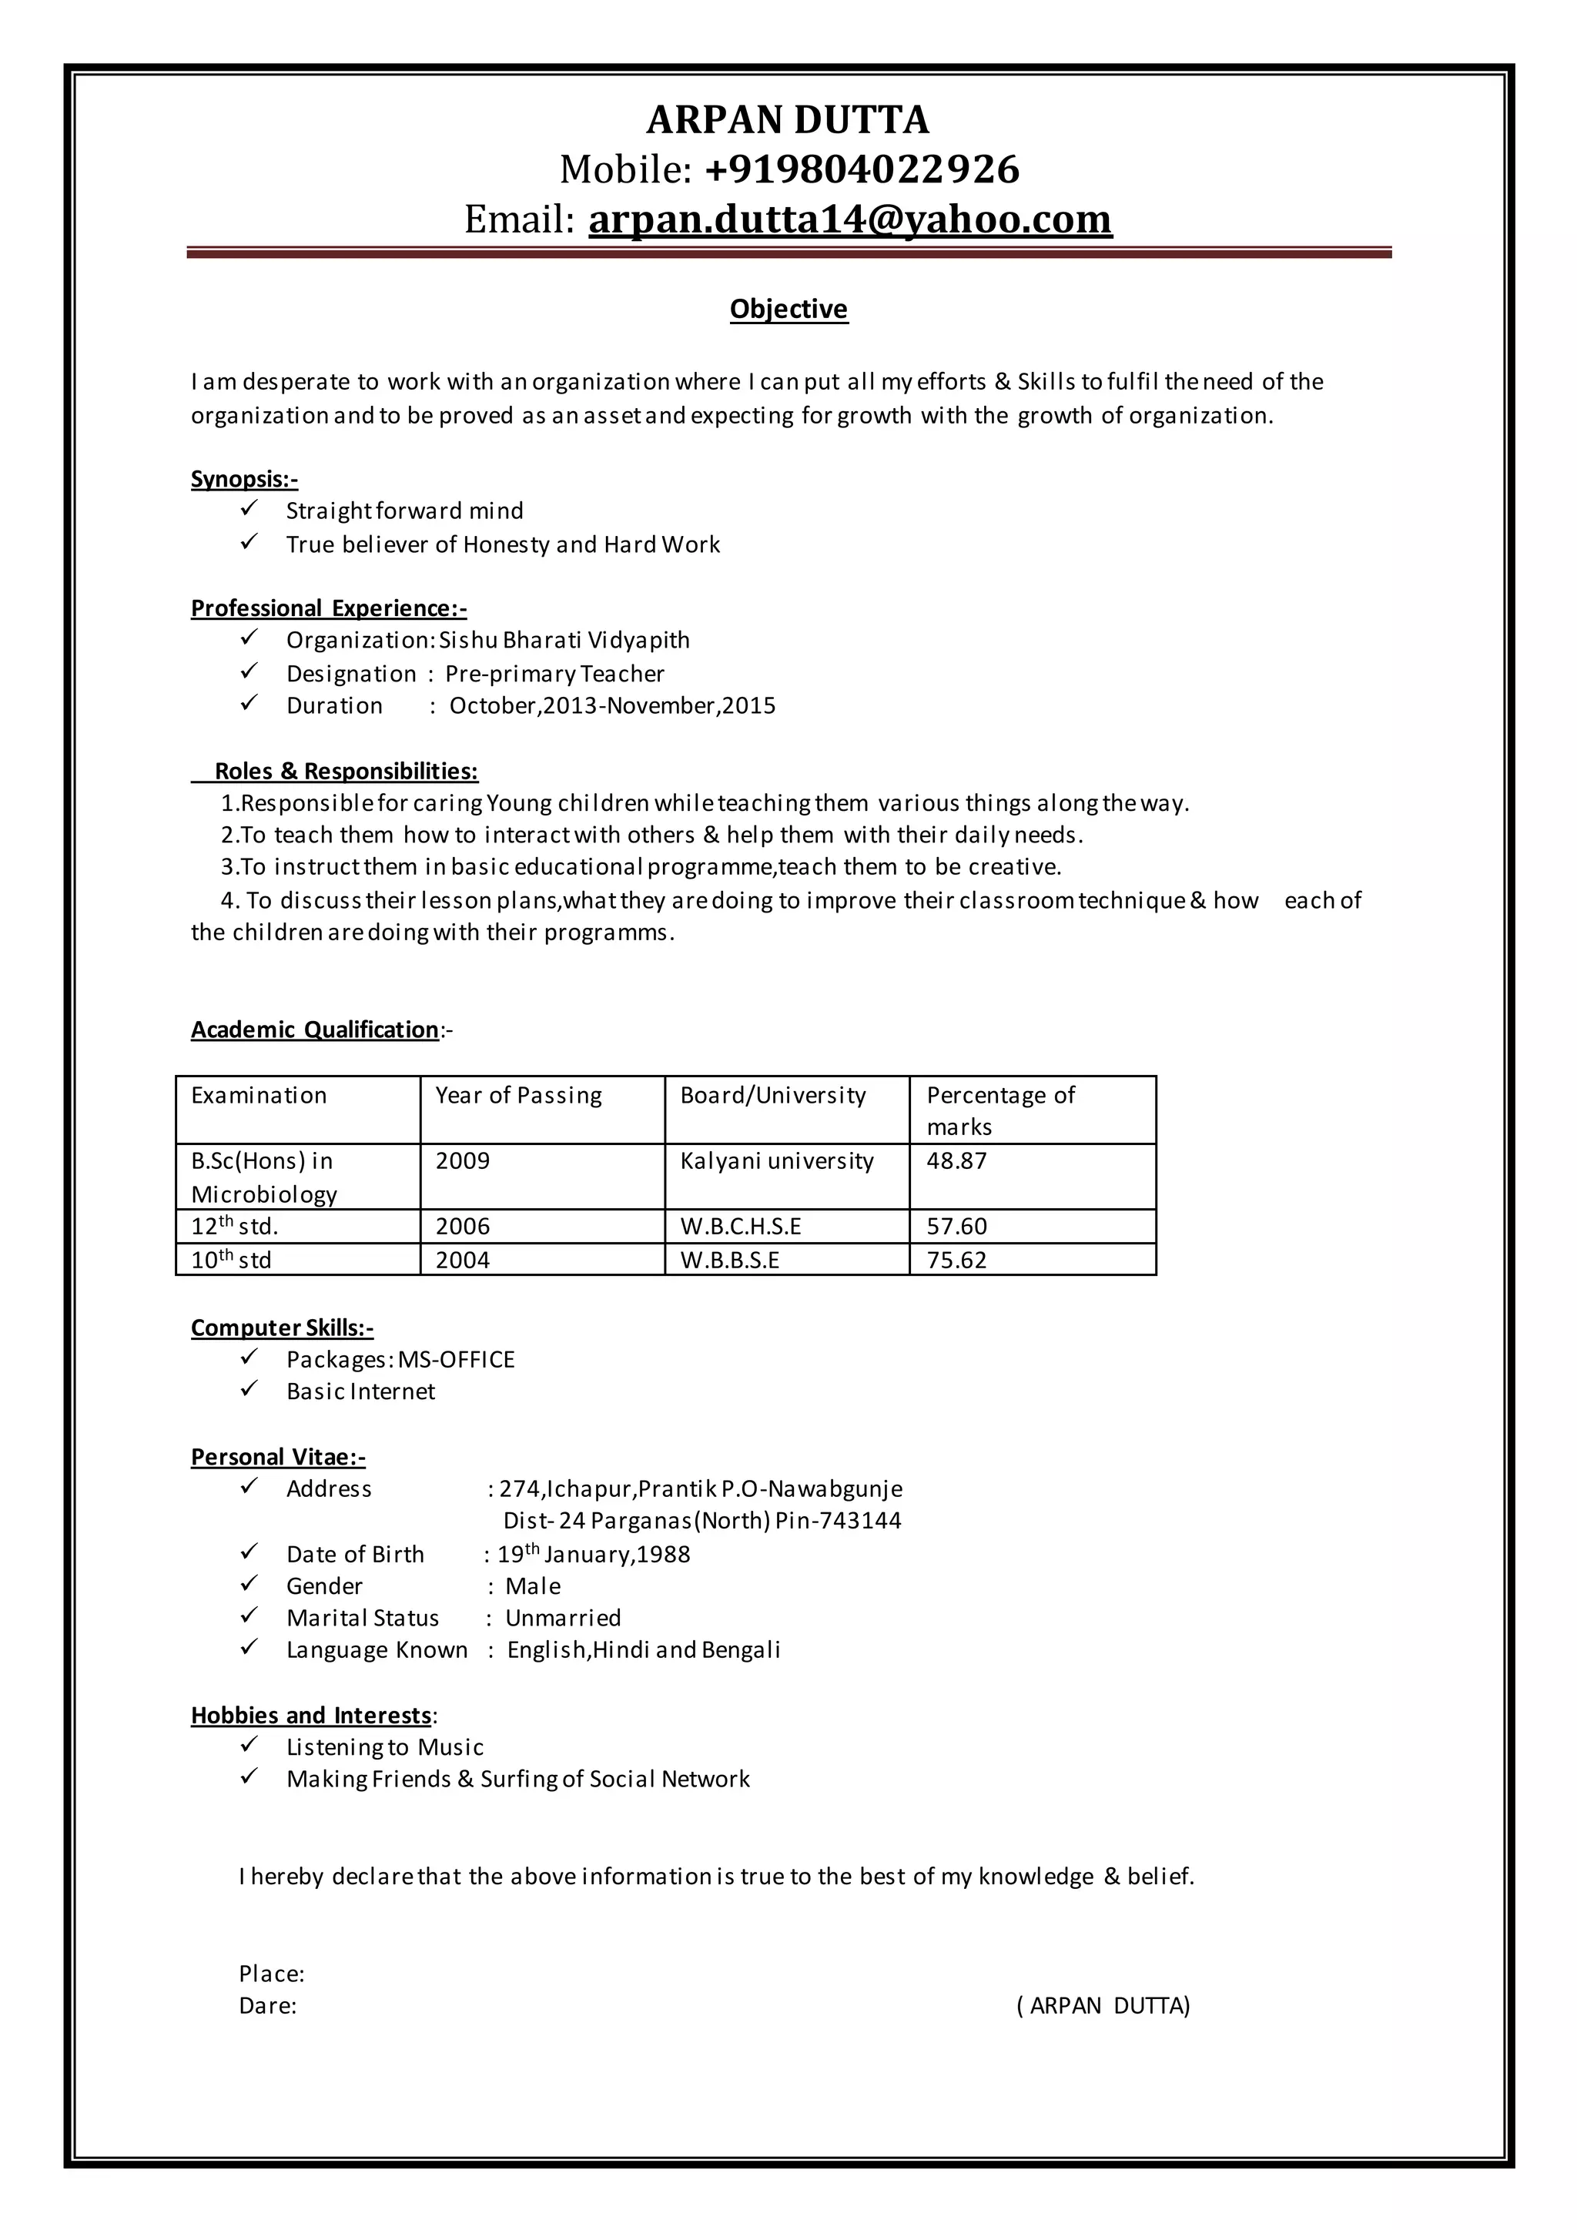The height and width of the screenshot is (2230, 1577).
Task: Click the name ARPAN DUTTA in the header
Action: coord(788,119)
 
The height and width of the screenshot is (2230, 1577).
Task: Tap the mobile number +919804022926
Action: coord(862,169)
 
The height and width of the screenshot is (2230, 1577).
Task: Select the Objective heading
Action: coord(788,309)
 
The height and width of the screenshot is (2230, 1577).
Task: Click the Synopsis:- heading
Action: coord(244,479)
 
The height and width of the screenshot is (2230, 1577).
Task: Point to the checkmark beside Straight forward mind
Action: coord(249,508)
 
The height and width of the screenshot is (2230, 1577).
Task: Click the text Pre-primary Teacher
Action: coord(554,673)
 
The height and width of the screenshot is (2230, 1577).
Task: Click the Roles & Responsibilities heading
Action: coord(346,771)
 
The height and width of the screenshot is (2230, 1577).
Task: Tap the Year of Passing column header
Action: coord(518,1096)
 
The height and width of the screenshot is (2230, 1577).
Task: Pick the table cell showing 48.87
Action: coord(956,1160)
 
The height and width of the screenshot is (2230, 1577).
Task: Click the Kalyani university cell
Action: coord(777,1160)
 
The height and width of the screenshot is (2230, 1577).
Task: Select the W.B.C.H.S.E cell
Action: coord(741,1227)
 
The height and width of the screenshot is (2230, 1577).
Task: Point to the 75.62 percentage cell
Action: coord(956,1261)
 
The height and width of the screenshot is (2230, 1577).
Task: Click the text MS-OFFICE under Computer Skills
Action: coord(457,1360)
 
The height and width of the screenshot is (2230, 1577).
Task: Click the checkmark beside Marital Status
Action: coord(249,1616)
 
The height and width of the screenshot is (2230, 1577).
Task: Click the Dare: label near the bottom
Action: coord(267,2007)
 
